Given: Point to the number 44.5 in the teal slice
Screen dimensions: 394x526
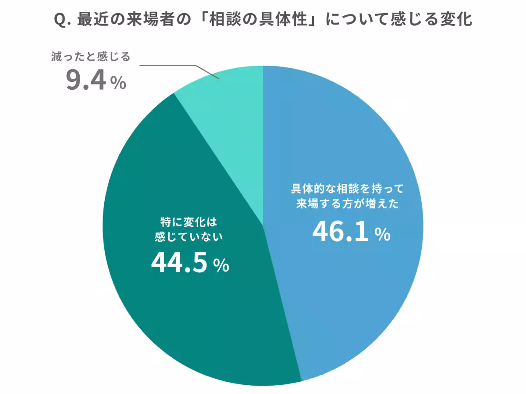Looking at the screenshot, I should click(178, 264).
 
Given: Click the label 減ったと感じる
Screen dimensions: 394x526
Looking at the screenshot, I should click(91, 57).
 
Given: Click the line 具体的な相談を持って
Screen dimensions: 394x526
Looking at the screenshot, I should click(347, 189).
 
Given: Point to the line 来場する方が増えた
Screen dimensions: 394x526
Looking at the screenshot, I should click(347, 204).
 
